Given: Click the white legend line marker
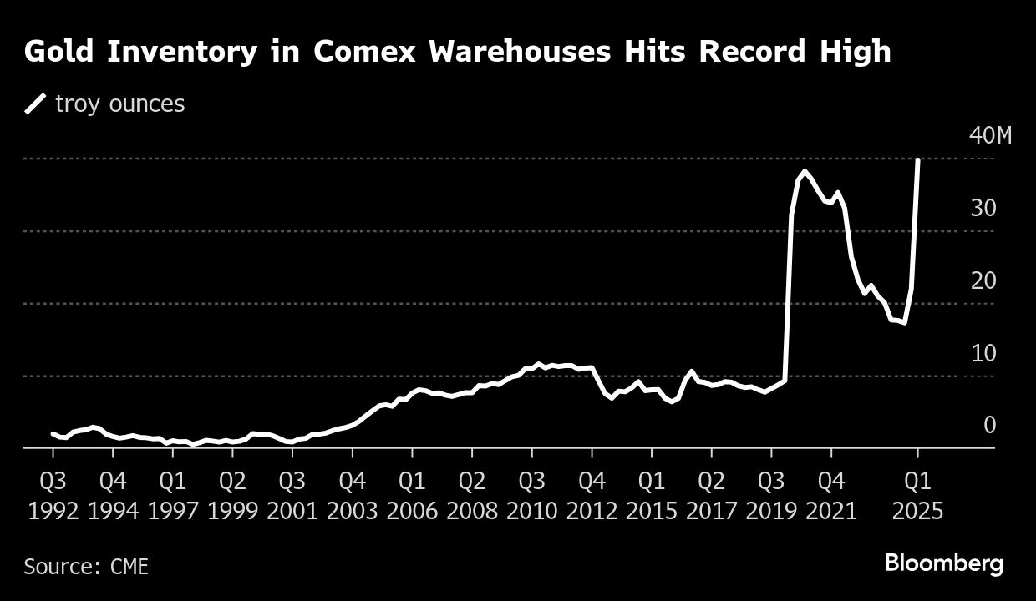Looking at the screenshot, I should (x=35, y=104).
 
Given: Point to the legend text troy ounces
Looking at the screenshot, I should (x=119, y=104).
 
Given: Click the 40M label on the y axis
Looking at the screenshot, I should (x=990, y=136).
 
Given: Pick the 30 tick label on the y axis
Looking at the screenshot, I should (x=983, y=209).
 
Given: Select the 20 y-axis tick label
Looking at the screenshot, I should (x=983, y=281).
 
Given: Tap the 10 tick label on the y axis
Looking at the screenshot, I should (x=983, y=354).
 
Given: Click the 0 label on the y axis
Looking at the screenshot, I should (x=989, y=426).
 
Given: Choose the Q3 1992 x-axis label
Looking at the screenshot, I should (x=53, y=495).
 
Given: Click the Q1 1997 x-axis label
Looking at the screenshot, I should (x=173, y=495).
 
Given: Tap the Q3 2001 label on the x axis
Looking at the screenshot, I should (x=292, y=495).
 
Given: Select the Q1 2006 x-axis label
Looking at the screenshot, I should (x=412, y=495).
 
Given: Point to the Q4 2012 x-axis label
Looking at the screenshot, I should (x=592, y=495).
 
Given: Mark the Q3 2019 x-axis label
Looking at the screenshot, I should (x=771, y=495).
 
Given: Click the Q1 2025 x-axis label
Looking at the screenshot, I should (x=917, y=495).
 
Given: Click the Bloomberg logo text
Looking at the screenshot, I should (x=943, y=564).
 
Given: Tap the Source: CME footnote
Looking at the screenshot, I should (x=86, y=567).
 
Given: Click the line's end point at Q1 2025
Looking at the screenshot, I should (x=918, y=159).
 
